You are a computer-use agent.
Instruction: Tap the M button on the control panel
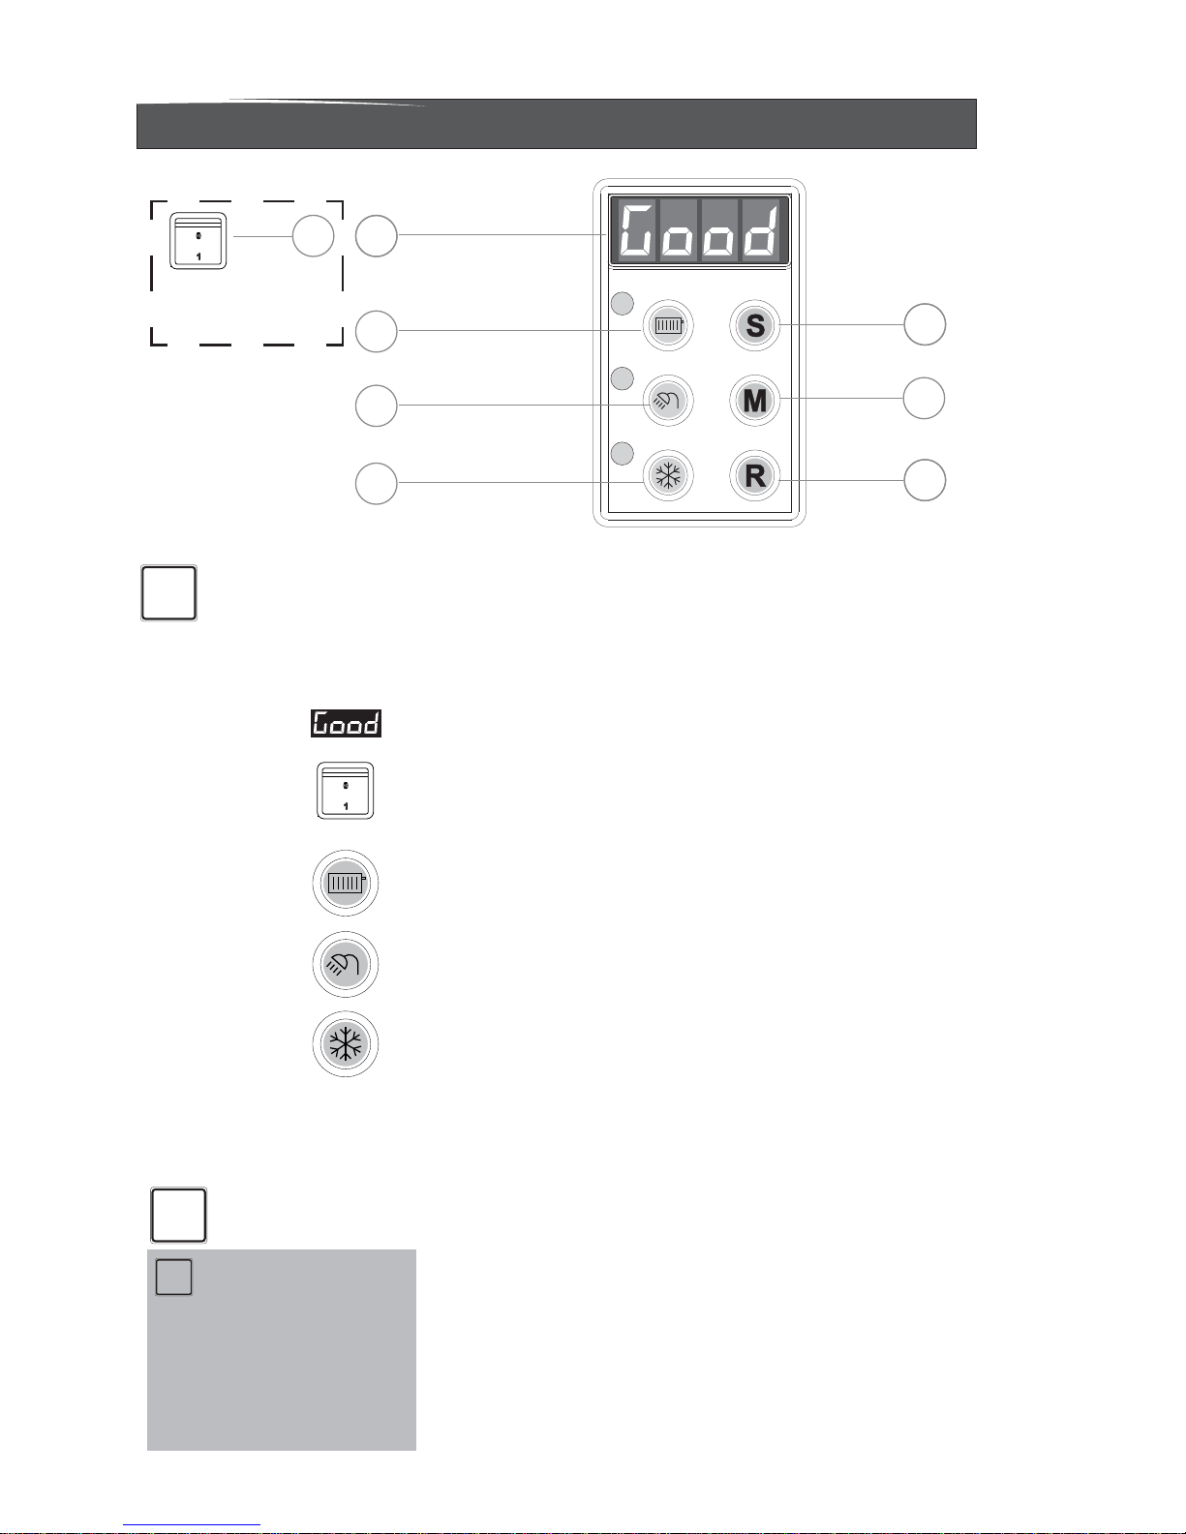[x=755, y=401]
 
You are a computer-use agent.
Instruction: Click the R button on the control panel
[x=755, y=476]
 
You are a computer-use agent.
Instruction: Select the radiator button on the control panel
[x=668, y=325]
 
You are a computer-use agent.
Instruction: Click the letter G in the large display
[x=636, y=232]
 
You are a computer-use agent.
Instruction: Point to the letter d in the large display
[x=762, y=232]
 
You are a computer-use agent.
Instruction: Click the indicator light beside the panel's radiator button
[x=623, y=304]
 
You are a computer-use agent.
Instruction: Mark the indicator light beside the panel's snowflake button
[x=623, y=452]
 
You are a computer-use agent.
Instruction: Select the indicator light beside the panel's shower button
[x=623, y=377]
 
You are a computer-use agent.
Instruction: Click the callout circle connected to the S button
[x=925, y=324]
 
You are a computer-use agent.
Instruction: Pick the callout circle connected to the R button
[x=925, y=481]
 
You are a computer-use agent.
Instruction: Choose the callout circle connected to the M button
[x=925, y=398]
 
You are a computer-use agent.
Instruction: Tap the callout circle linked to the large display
[x=377, y=236]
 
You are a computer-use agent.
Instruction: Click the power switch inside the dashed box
[x=198, y=240]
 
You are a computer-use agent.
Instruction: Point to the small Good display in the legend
[x=346, y=723]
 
